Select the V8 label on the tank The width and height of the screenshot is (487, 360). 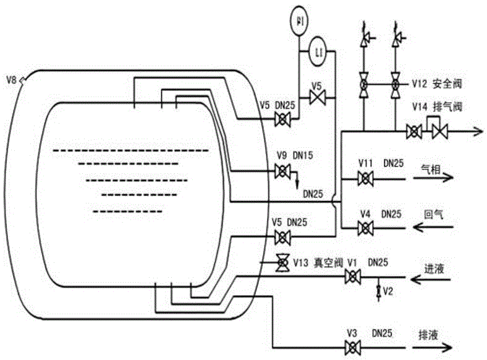tap(11, 79)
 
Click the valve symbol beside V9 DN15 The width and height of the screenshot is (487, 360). tap(282, 170)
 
